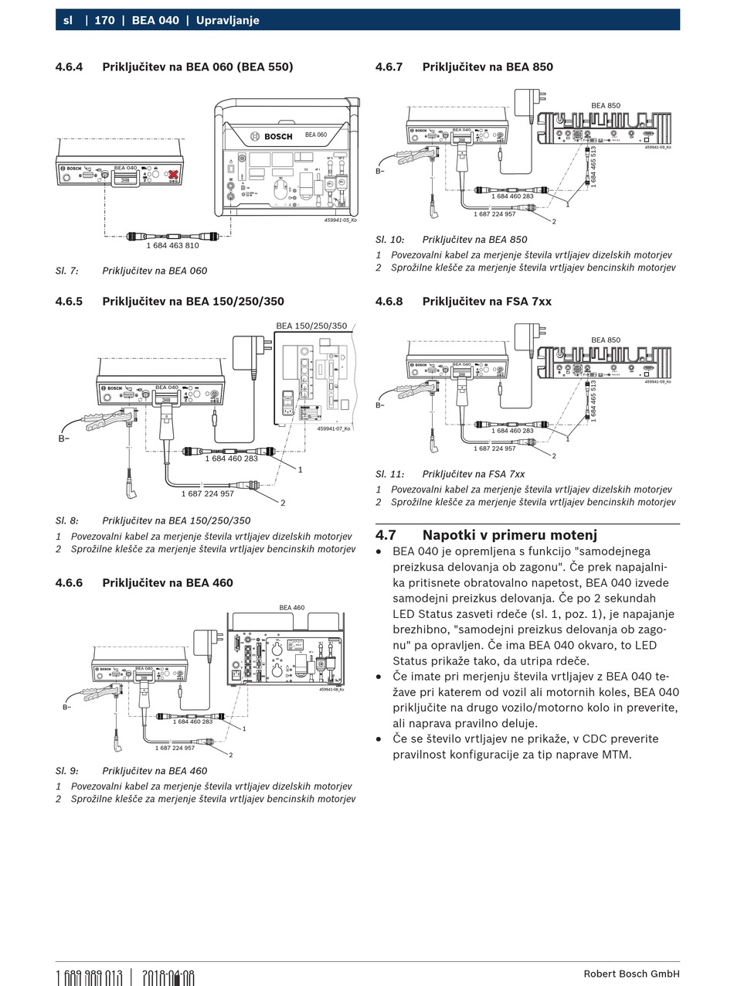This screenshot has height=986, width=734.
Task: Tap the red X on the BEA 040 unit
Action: [174, 175]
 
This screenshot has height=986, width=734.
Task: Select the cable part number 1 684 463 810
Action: [172, 246]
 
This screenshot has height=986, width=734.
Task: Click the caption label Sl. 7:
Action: [66, 271]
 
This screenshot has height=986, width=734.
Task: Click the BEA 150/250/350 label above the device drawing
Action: [311, 326]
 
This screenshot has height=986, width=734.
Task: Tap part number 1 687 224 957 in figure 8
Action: [207, 493]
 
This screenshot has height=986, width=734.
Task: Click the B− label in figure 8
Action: [64, 438]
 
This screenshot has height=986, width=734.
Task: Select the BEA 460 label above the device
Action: [292, 608]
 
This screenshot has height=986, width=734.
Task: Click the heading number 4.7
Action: [386, 535]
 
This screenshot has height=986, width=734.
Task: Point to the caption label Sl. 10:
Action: [389, 240]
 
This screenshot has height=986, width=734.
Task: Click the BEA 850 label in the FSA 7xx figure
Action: [606, 340]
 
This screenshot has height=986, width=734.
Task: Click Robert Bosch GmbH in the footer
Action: [631, 974]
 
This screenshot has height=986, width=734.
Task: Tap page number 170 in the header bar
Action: [104, 20]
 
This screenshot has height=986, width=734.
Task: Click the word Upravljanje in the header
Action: [227, 20]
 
